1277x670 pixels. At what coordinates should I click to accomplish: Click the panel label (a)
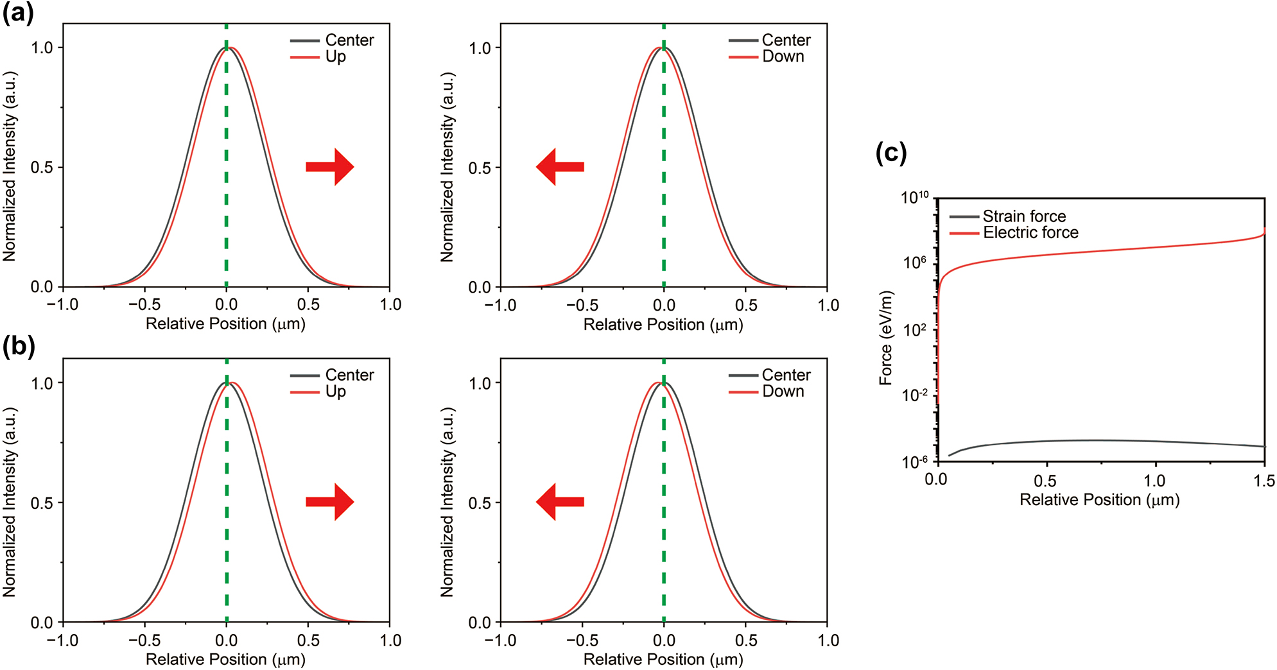(x=18, y=13)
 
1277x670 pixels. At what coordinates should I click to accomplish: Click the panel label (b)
(x=18, y=347)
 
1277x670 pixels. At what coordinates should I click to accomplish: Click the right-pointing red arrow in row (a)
(x=330, y=167)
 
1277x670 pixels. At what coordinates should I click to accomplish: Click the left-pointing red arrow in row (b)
(x=560, y=502)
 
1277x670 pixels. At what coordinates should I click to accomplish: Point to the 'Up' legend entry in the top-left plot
(x=335, y=56)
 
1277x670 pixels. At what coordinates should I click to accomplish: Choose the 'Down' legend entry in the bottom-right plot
(x=783, y=391)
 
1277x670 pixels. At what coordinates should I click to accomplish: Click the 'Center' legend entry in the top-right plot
(x=786, y=40)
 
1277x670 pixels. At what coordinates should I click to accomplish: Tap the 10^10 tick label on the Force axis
(x=914, y=197)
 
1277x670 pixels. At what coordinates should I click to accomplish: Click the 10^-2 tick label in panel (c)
(x=914, y=395)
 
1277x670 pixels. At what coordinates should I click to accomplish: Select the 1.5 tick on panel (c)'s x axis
(x=1264, y=481)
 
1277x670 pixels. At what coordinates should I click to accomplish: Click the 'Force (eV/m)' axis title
(x=886, y=338)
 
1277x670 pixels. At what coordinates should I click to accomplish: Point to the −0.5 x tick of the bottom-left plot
(x=144, y=640)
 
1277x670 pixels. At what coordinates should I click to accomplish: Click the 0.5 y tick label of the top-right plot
(x=480, y=168)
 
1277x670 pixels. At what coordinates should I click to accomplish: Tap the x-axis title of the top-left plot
(x=225, y=323)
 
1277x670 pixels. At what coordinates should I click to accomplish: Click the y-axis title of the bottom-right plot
(x=447, y=502)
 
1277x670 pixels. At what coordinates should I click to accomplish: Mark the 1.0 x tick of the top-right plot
(x=828, y=305)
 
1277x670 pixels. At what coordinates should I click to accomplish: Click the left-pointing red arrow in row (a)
(x=560, y=167)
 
